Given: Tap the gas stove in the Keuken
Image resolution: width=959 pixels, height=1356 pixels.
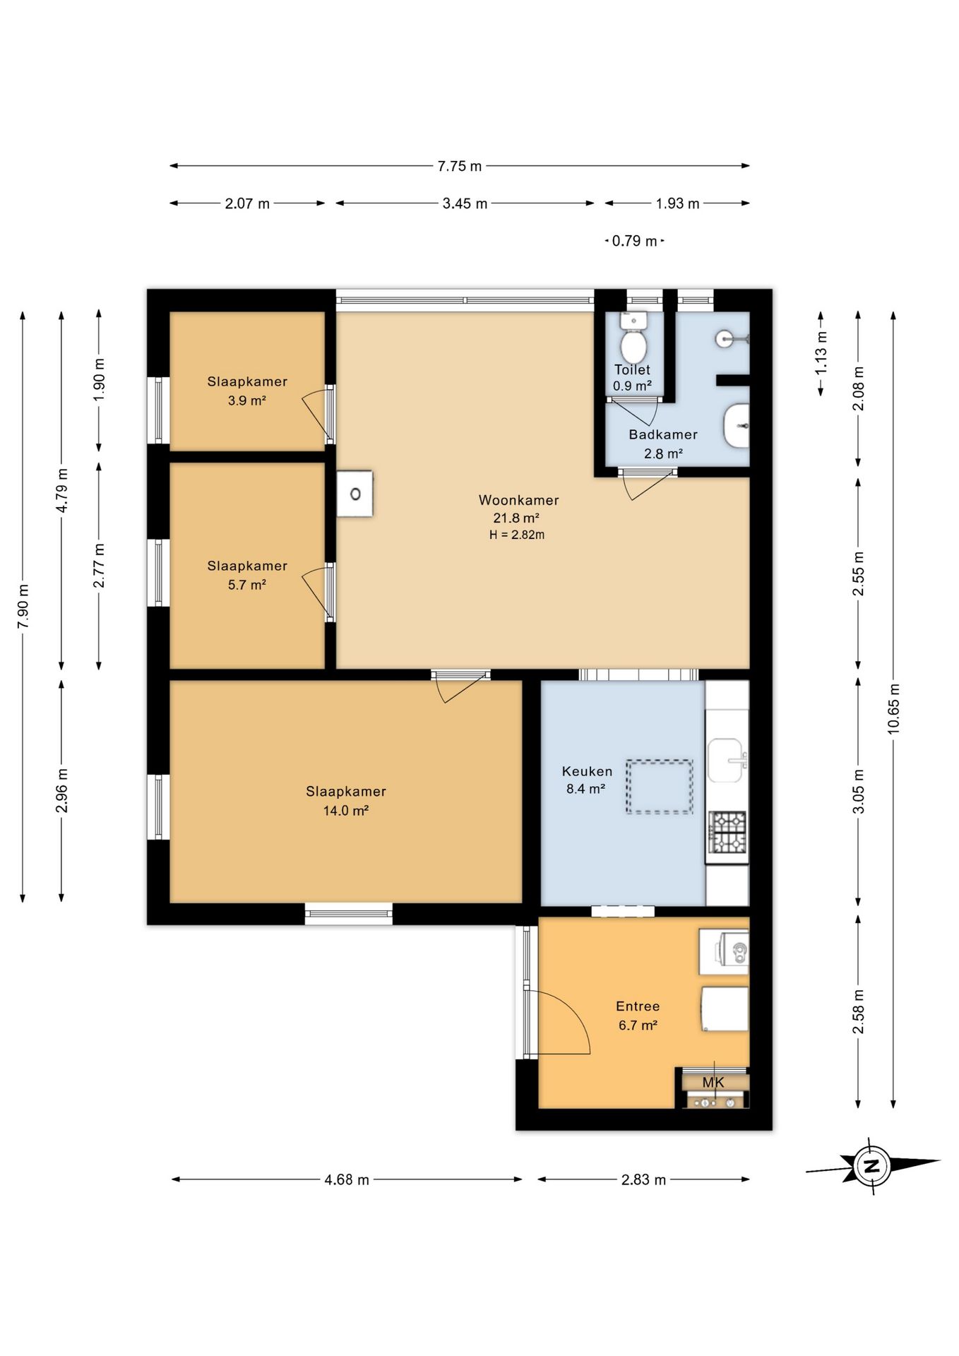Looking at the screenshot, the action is click(x=727, y=831).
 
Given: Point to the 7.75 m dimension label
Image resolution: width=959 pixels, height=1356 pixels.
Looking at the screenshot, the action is click(x=460, y=166).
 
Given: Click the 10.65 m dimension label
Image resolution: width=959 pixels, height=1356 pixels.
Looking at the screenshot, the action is click(x=894, y=708).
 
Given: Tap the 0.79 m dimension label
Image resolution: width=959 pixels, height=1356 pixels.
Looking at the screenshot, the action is click(x=635, y=241).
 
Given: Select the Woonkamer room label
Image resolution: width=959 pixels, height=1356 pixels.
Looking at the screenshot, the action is click(x=518, y=500).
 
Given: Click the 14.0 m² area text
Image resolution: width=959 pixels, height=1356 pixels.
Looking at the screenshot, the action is click(x=346, y=811).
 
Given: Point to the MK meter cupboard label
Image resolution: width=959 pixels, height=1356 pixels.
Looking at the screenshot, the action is click(x=713, y=1082).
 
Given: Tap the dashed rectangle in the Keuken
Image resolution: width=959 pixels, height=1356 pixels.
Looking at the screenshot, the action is click(x=659, y=786).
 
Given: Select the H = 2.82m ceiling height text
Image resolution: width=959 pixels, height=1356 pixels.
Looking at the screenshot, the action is click(x=517, y=535).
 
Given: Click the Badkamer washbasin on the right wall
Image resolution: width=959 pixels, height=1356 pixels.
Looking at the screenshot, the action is click(x=737, y=425).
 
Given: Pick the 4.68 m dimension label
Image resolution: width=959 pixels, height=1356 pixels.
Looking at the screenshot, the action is click(x=347, y=1179).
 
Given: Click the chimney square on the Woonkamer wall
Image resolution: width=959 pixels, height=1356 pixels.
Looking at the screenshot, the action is click(x=355, y=494).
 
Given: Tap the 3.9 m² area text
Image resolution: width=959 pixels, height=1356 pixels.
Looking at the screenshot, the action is click(x=247, y=400).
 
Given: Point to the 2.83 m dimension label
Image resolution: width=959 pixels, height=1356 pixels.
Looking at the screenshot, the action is click(x=643, y=1179).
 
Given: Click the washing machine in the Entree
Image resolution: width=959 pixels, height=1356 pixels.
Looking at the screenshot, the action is click(x=724, y=951).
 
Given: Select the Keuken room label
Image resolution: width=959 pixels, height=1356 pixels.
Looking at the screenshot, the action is click(x=587, y=771).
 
